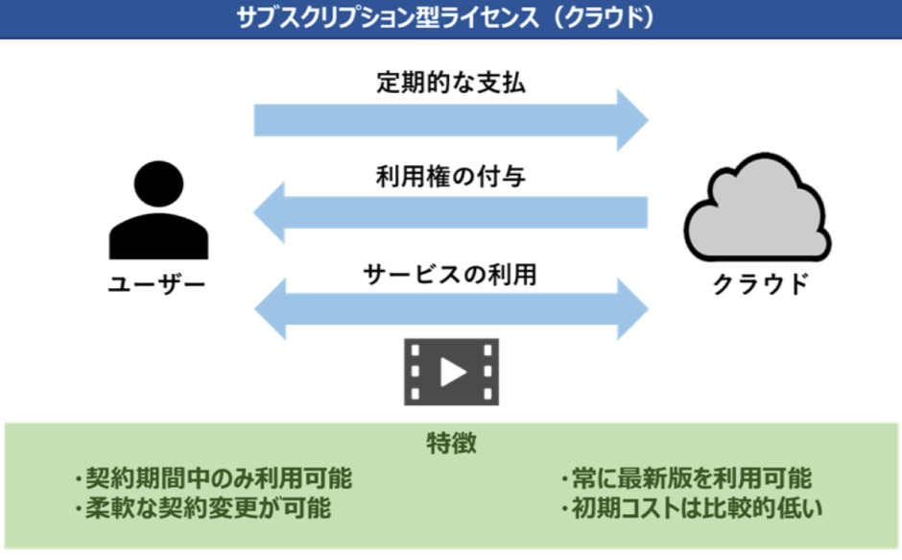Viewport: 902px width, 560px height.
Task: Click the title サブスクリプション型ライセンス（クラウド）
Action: (446, 18)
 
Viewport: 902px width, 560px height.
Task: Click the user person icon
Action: (158, 209)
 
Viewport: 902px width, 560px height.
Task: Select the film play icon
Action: (452, 372)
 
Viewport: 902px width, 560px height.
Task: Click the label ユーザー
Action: (157, 284)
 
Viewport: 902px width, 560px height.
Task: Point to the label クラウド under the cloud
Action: (761, 284)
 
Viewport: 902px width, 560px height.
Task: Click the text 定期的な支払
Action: (451, 83)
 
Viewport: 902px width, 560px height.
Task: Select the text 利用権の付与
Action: (451, 177)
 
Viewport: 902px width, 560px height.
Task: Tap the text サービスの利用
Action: (450, 275)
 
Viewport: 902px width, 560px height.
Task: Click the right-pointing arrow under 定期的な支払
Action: (452, 120)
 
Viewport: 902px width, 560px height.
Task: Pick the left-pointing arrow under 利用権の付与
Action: (450, 212)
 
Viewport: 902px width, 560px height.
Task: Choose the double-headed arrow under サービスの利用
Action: (452, 308)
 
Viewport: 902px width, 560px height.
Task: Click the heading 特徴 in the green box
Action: (452, 443)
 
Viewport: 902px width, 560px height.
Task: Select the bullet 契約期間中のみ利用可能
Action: (213, 477)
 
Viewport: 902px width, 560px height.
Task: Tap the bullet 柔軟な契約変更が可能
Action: (202, 508)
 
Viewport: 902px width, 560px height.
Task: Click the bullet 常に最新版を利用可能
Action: (687, 477)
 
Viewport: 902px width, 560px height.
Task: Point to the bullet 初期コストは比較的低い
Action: (692, 508)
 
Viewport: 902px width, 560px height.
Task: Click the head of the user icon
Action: (158, 183)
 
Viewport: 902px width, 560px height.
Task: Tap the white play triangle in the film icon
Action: (453, 372)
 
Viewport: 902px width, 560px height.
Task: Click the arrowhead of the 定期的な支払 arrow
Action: (632, 120)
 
